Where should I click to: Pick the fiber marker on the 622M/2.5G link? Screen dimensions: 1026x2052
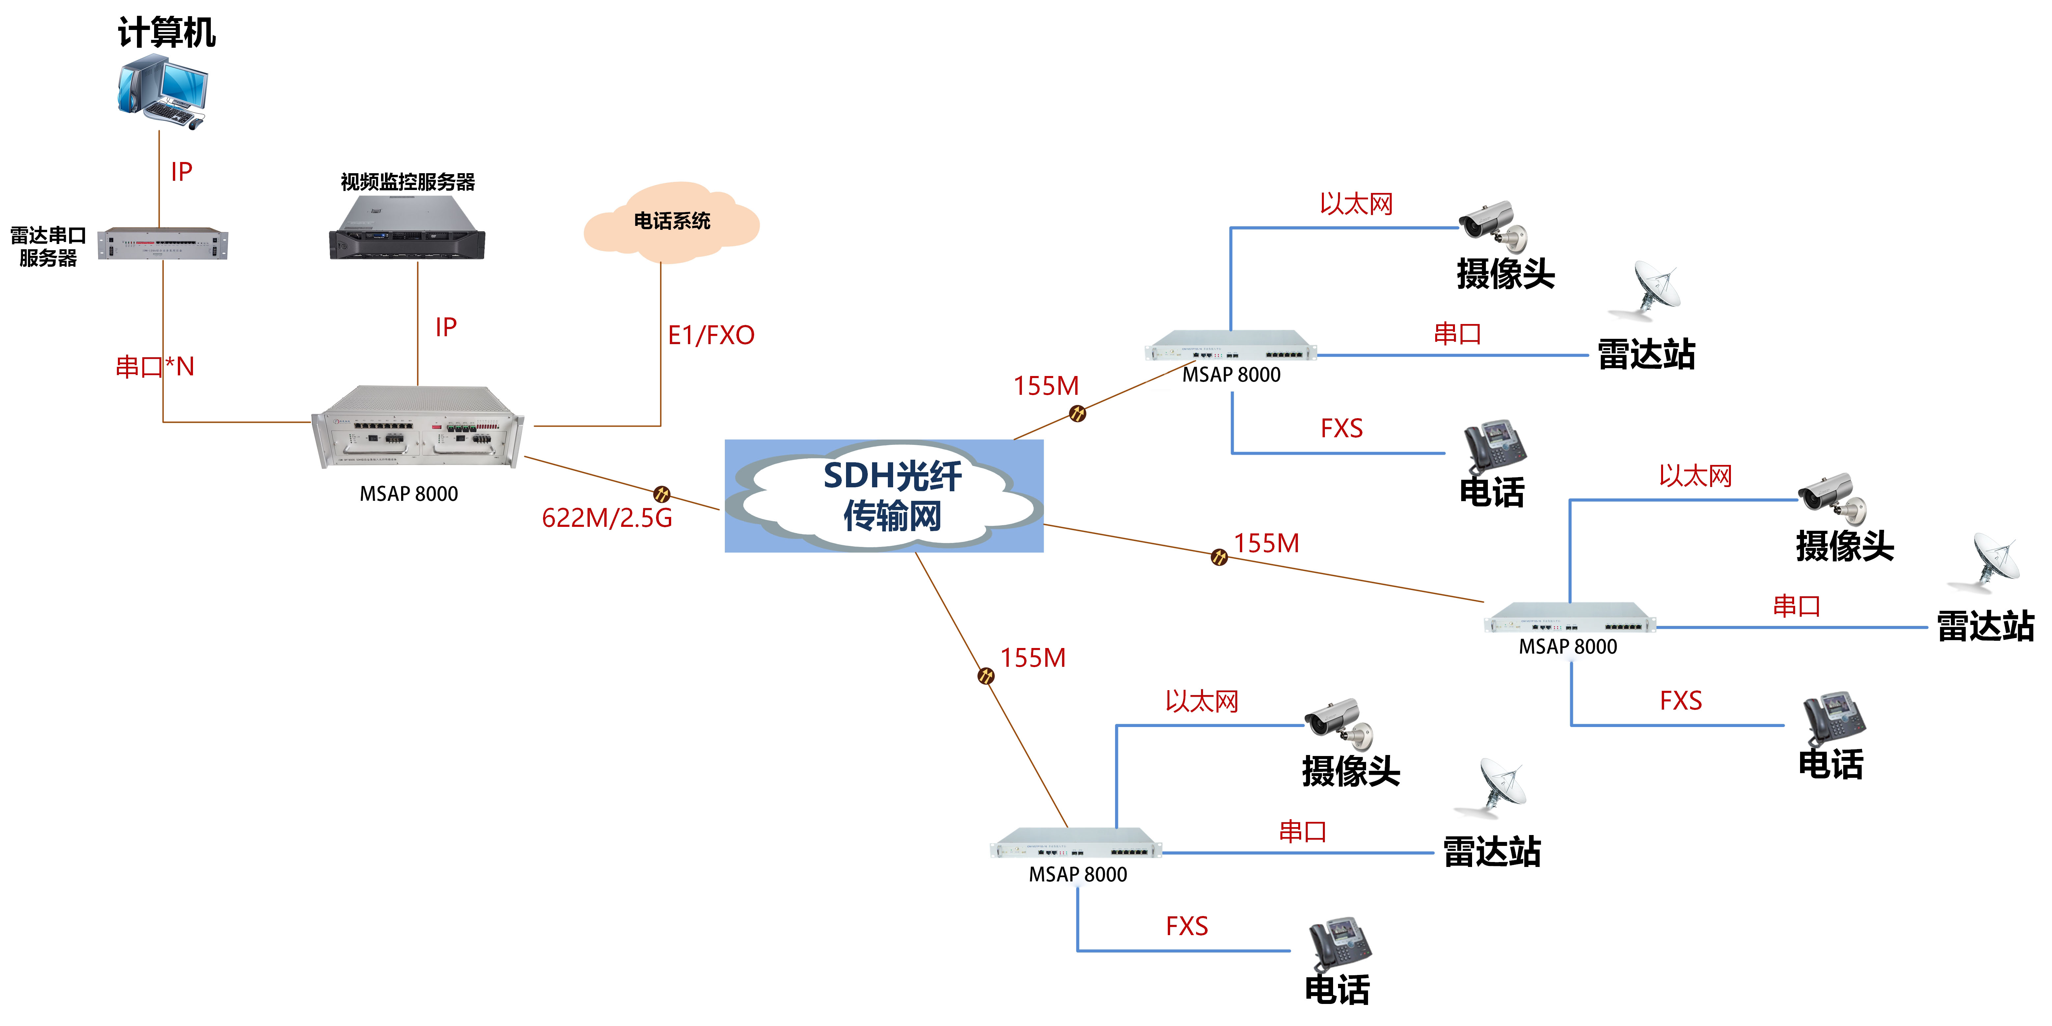661,494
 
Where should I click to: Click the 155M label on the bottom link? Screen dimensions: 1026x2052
1033,658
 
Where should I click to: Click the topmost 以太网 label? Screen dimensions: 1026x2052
1356,204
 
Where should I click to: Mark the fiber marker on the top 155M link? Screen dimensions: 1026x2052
1077,414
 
